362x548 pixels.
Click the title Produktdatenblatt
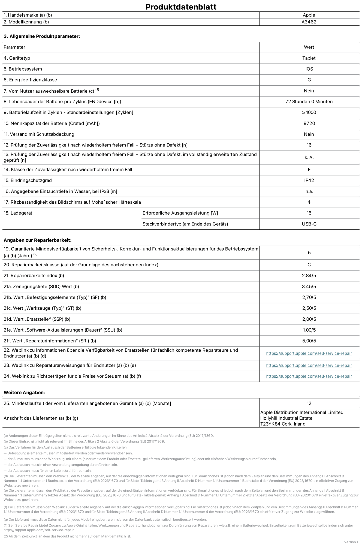(181, 7)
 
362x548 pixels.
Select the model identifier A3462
(309, 22)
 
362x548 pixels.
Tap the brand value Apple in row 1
(309, 15)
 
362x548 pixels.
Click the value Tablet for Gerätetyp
(309, 58)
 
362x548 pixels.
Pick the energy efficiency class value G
(309, 80)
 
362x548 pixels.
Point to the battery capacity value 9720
(309, 124)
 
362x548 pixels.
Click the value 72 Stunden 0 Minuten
(309, 102)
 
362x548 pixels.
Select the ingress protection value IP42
(309, 180)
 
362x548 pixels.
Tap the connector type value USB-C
(309, 224)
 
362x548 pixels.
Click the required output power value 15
(309, 213)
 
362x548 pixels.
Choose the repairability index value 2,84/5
(309, 276)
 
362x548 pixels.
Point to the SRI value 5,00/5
(309, 341)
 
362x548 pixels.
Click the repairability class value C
(309, 265)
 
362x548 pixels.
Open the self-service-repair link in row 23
(309, 365)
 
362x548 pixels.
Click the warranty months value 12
(309, 404)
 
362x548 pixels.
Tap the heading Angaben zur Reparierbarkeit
(37, 240)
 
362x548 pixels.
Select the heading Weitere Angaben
(24, 393)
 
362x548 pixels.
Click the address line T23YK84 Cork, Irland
(283, 424)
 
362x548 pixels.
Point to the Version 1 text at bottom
(351, 542)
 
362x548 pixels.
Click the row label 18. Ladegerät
(18, 213)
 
